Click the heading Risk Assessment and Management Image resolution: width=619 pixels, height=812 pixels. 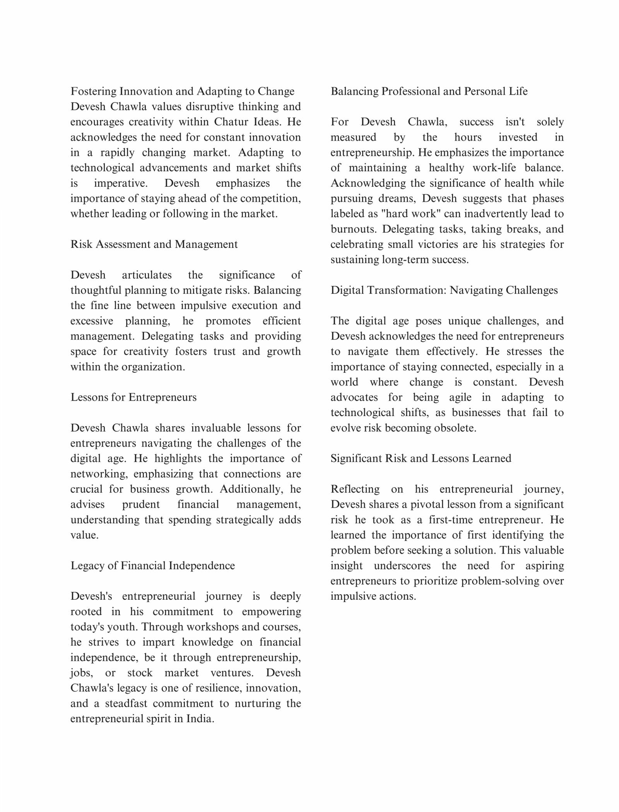154,244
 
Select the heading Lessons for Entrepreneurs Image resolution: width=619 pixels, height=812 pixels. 133,397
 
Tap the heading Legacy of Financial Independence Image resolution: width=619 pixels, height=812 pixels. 152,566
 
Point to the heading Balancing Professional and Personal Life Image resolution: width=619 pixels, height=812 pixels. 429,91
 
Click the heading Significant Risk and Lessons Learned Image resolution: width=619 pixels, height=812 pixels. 421,458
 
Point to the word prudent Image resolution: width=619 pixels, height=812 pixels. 141,504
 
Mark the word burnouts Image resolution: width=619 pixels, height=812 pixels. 353,229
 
